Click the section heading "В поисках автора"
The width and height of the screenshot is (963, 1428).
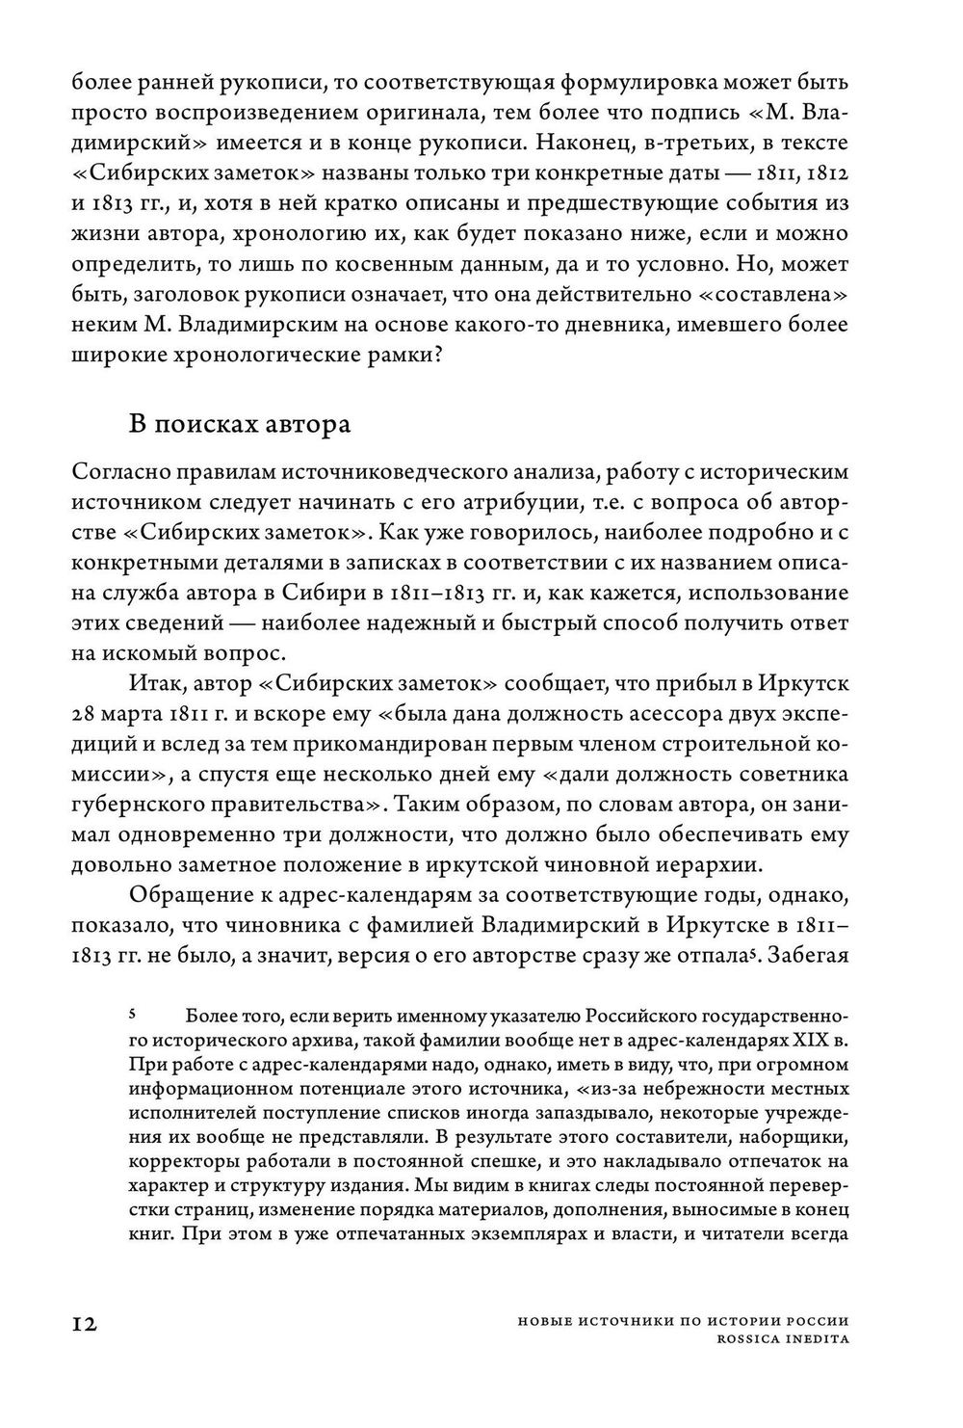(x=240, y=424)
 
